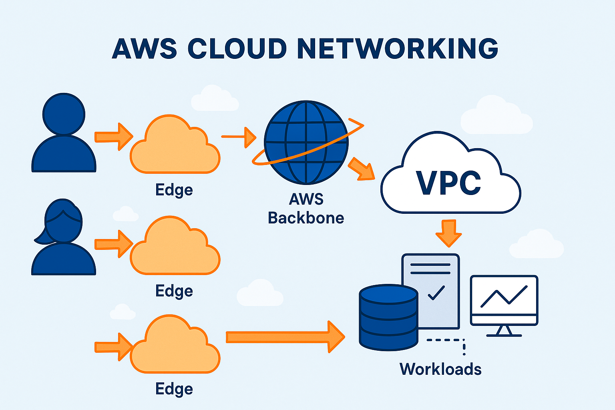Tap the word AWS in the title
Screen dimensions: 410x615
click(x=144, y=49)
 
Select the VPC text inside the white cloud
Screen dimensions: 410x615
click(x=448, y=183)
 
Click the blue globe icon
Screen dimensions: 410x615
click(x=306, y=142)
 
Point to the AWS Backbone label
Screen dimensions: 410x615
click(x=306, y=209)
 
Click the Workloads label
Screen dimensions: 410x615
click(x=440, y=369)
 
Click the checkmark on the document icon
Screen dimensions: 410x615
click(x=436, y=293)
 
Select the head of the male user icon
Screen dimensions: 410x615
click(x=64, y=114)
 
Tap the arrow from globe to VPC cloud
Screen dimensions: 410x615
click(x=361, y=169)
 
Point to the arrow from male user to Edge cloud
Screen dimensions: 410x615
click(x=114, y=137)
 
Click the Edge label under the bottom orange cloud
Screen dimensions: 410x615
click(x=174, y=389)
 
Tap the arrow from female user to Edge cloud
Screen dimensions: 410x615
click(x=114, y=243)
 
